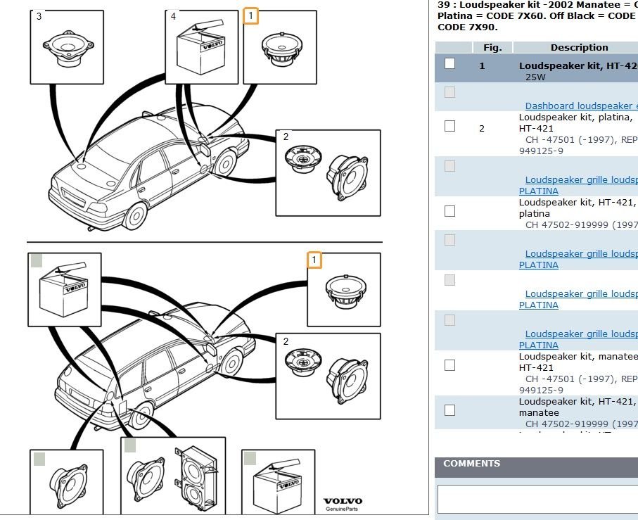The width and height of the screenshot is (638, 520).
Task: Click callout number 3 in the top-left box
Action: [x=39, y=16]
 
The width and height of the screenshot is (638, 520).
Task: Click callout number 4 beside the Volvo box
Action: [x=173, y=16]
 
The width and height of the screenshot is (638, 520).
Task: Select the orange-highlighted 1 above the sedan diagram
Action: [x=251, y=15]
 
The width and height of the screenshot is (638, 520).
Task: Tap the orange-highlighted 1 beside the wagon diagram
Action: [x=314, y=260]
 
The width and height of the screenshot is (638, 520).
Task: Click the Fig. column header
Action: [x=492, y=48]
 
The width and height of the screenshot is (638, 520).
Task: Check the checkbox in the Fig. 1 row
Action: [x=450, y=63]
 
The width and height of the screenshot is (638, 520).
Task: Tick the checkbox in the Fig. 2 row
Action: [x=450, y=126]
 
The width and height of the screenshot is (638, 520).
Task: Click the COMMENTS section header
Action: [x=472, y=464]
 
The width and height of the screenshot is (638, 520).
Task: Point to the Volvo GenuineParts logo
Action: [x=343, y=504]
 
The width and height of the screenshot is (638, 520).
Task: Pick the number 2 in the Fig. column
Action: [x=482, y=129]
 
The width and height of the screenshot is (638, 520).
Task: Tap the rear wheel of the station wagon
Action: [x=141, y=416]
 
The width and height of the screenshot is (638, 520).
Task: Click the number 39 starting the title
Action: [x=443, y=4]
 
